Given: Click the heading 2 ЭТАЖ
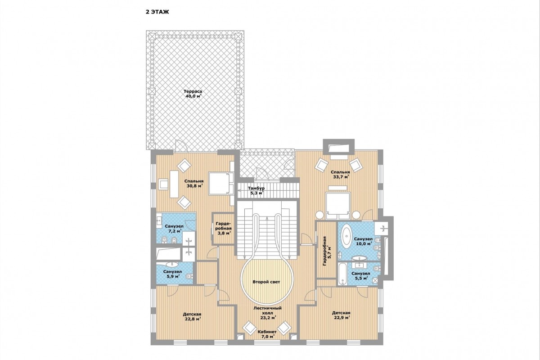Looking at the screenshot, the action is click(157, 12).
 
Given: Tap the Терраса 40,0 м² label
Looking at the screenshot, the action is click(193, 94).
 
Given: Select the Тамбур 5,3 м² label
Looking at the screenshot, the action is click(256, 190).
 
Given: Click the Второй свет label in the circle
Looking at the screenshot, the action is click(266, 282).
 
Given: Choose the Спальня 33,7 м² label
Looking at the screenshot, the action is click(340, 175).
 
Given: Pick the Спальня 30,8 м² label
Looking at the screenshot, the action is click(194, 184).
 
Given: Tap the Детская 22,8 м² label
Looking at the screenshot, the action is click(192, 317).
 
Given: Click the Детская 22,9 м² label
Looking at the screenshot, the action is click(341, 315).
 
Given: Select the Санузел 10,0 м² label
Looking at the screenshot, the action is click(363, 241).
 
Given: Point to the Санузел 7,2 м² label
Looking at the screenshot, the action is click(174, 229).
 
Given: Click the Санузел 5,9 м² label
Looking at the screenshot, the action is click(172, 274).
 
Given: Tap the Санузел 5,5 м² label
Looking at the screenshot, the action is click(360, 276).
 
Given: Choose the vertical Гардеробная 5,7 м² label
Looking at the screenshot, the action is click(327, 251).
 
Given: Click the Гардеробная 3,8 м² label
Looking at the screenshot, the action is click(224, 228).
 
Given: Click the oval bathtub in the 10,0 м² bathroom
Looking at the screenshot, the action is click(346, 236).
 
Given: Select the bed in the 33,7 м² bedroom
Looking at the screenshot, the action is click(338, 205).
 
